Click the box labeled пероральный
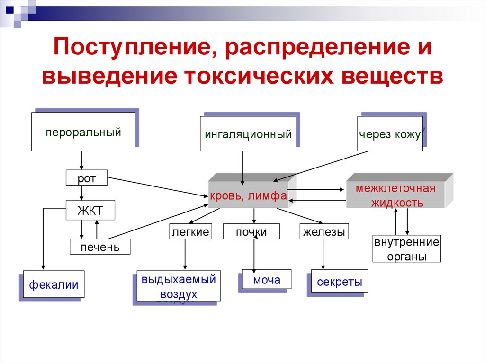click(83, 132)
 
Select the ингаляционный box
click(248, 134)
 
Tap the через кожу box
click(389, 134)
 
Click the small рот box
click(87, 178)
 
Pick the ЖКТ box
click(90, 211)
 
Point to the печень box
click(99, 247)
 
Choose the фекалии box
click(54, 284)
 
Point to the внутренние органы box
click(407, 249)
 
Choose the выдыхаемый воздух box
click(179, 286)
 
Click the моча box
click(266, 280)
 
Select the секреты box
click(339, 283)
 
